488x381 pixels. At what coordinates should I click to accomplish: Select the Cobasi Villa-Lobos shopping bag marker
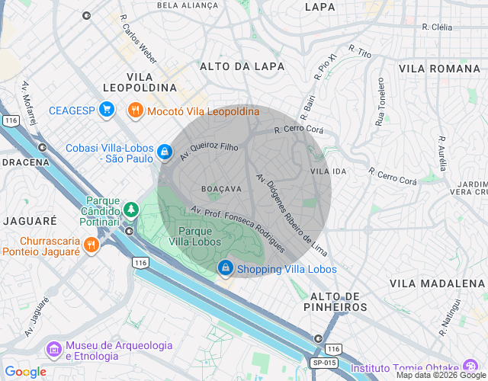pos(163,153)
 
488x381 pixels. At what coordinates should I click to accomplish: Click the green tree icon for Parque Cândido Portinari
pos(131,208)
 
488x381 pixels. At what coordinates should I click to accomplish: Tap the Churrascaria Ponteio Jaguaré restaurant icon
pos(90,245)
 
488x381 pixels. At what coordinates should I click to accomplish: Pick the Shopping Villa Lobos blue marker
pos(226,268)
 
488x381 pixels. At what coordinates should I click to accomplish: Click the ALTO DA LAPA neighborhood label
pos(242,67)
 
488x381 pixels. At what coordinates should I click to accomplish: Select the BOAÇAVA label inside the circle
pos(221,187)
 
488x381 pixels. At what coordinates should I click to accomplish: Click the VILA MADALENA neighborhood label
pos(437,283)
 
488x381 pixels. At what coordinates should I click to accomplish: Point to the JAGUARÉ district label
pos(29,220)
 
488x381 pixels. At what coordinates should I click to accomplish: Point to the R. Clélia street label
pos(438,27)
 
